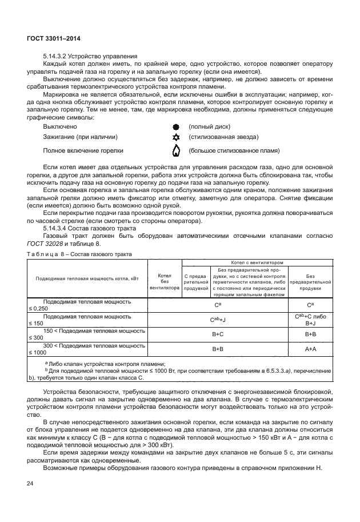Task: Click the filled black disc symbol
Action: point(176,126)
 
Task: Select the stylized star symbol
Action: point(176,137)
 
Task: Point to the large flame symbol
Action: point(176,151)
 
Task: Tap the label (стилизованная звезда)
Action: point(223,137)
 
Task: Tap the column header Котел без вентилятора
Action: point(165,281)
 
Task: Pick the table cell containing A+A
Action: point(311,348)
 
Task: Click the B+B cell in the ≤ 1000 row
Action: point(218,348)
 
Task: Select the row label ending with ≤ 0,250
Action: point(86,305)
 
